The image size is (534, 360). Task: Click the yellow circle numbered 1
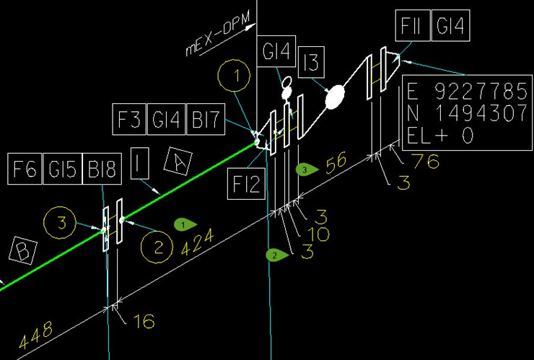(234, 60)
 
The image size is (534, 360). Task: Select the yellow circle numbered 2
(157, 231)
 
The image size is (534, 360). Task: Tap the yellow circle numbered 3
(60, 207)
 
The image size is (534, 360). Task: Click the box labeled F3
(129, 119)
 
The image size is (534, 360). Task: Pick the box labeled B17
(206, 119)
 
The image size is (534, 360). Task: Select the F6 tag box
(25, 169)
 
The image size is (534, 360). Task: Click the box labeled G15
(63, 169)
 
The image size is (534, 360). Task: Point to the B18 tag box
(102, 169)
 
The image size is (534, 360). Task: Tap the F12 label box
(246, 183)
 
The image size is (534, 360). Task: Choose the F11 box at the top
(413, 25)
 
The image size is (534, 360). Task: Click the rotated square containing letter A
(178, 162)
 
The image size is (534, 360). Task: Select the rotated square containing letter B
(23, 250)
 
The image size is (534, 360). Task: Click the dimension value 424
(198, 242)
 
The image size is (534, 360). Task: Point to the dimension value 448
(36, 335)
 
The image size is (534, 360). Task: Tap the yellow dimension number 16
(144, 321)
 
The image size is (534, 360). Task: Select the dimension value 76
(425, 161)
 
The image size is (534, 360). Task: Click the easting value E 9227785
(468, 92)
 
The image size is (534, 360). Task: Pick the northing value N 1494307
(468, 113)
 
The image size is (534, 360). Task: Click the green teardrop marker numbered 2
(277, 255)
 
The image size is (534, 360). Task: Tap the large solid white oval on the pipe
(335, 97)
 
